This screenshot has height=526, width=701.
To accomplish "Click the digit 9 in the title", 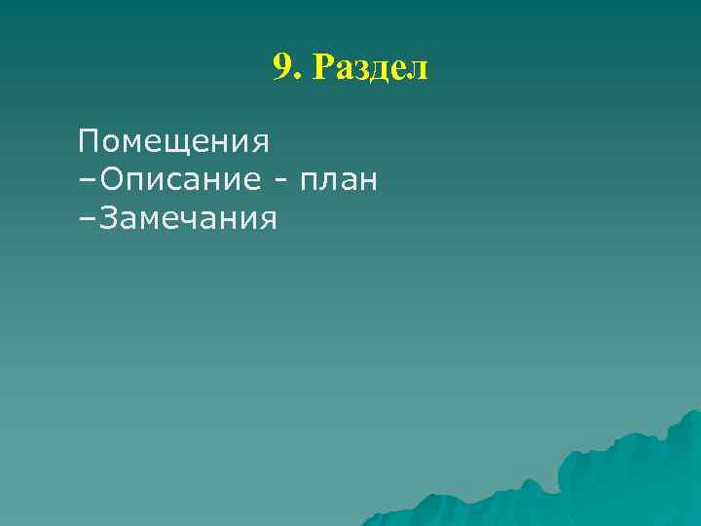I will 282,67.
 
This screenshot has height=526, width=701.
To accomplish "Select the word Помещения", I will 174,143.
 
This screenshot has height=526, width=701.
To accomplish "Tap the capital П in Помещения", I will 91,142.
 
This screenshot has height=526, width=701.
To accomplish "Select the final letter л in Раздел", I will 418,70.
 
